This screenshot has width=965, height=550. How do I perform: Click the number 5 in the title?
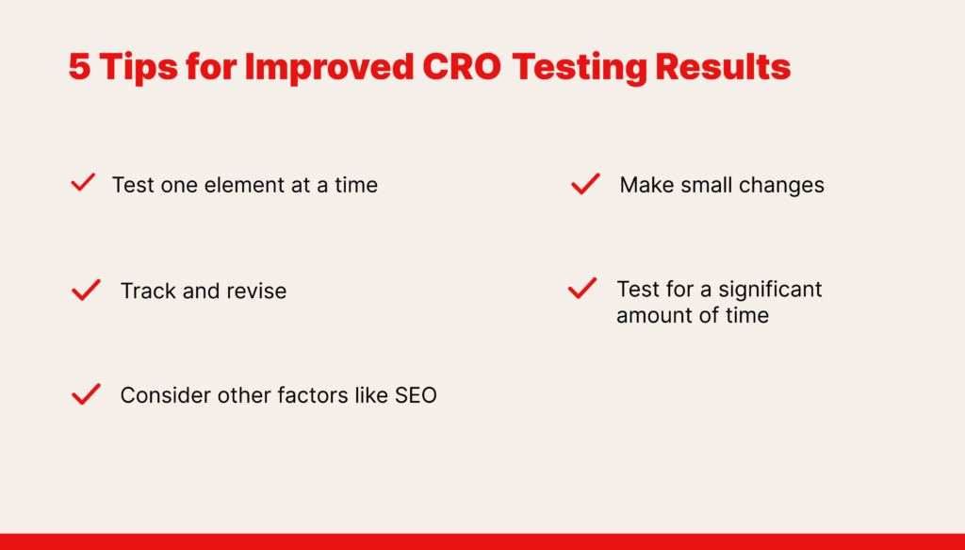pyautogui.click(x=80, y=67)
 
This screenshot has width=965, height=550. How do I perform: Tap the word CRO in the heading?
pyautogui.click(x=462, y=67)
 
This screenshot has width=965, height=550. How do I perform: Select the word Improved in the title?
pyautogui.click(x=329, y=67)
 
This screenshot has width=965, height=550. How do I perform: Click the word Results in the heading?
pyautogui.click(x=723, y=67)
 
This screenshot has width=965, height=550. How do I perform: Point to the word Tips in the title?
pyautogui.click(x=139, y=67)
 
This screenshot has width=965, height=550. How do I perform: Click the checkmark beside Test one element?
pyautogui.click(x=83, y=182)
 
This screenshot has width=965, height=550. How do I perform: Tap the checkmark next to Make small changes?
pyautogui.click(x=585, y=184)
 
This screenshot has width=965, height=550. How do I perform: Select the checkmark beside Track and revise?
pyautogui.click(x=86, y=290)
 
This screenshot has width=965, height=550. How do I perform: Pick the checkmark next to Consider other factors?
pyautogui.click(x=86, y=394)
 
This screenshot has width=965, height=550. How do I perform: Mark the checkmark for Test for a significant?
pyautogui.click(x=582, y=288)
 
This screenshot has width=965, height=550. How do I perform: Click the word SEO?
pyautogui.click(x=416, y=395)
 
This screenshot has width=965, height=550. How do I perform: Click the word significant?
pyautogui.click(x=770, y=290)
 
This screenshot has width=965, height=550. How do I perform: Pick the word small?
pyautogui.click(x=708, y=185)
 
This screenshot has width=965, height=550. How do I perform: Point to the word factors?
pyautogui.click(x=313, y=395)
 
